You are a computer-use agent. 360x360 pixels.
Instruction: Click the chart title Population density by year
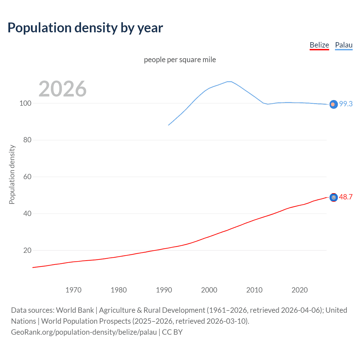pyautogui.click(x=85, y=28)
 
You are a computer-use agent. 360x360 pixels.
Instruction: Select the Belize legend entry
pyautogui.click(x=319, y=45)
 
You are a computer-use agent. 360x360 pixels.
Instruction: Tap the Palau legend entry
pyautogui.click(x=344, y=45)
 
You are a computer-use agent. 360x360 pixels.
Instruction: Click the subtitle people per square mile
pyautogui.click(x=180, y=60)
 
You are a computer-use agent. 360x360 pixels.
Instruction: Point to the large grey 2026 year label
pyautogui.click(x=62, y=89)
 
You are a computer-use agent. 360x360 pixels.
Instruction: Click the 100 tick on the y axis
pyautogui.click(x=25, y=103)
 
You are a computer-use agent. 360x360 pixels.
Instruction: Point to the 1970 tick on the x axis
pyautogui.click(x=73, y=290)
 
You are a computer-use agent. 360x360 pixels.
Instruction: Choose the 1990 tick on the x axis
pyautogui.click(x=164, y=290)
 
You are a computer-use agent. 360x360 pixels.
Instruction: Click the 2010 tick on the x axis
pyautogui.click(x=254, y=290)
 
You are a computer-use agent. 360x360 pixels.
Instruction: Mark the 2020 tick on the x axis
pyautogui.click(x=300, y=290)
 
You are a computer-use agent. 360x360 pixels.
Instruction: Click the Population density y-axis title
pyautogui.click(x=12, y=174)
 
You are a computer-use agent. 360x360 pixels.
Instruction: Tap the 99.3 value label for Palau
pyautogui.click(x=346, y=104)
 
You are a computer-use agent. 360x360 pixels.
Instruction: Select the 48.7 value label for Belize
pyautogui.click(x=346, y=197)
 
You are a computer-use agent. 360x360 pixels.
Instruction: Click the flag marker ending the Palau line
pyautogui.click(x=334, y=104)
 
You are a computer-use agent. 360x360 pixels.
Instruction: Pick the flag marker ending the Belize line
pyautogui.click(x=334, y=198)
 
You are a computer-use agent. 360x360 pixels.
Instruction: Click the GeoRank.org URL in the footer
pyautogui.click(x=84, y=332)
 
